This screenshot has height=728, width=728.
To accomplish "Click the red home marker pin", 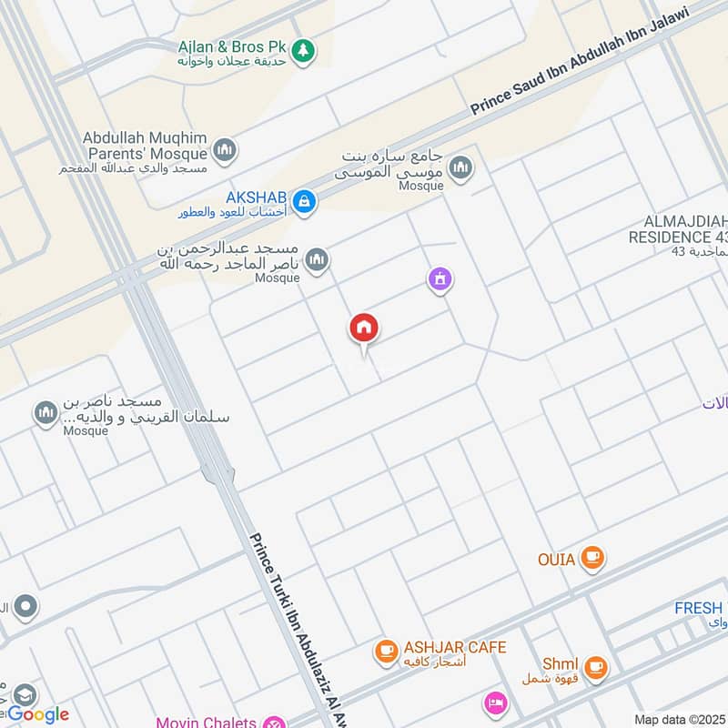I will [x=364, y=329].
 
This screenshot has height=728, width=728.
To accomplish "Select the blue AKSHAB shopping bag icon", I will [x=306, y=200].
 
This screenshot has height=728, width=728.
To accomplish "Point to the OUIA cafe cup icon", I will [x=593, y=556].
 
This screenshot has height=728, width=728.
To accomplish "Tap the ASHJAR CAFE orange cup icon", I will [x=386, y=651].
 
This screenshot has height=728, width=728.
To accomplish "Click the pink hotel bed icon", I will [x=495, y=703].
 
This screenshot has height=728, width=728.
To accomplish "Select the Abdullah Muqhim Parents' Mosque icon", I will [x=225, y=148].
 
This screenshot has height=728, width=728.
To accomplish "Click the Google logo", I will [x=38, y=714].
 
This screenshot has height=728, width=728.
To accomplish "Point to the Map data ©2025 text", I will [x=680, y=719].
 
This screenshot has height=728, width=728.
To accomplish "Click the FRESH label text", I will [x=698, y=608].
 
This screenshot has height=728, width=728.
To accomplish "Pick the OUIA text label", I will [x=555, y=559].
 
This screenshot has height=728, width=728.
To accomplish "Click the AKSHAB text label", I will [x=257, y=197].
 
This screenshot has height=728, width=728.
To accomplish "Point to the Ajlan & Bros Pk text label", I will [x=232, y=45].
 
